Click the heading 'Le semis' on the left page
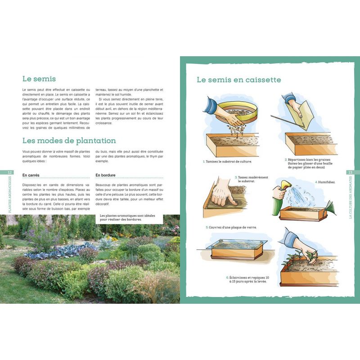[x=38, y=79]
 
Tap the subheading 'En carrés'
[x=31, y=175]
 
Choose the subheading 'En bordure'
[x=106, y=175]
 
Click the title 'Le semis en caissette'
[x=239, y=80]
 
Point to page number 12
[x=10, y=172]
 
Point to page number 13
[x=350, y=172]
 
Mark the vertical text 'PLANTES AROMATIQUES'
[x=10, y=194]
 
